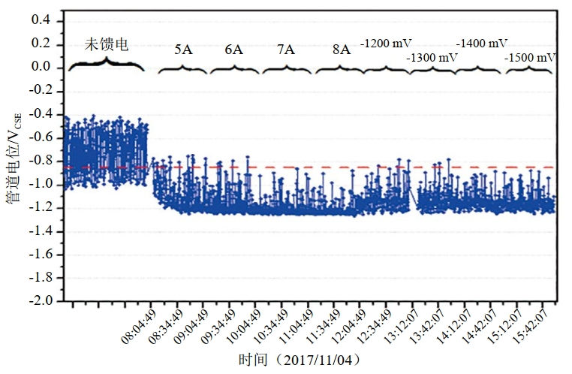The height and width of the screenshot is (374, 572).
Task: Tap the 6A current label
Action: click(x=233, y=50)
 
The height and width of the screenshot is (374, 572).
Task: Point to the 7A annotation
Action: click(x=285, y=50)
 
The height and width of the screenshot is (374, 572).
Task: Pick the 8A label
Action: click(x=341, y=50)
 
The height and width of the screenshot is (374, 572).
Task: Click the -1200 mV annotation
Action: click(x=387, y=42)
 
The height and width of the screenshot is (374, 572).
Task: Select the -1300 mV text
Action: click(x=432, y=57)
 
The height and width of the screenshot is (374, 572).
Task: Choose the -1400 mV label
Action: click(x=481, y=42)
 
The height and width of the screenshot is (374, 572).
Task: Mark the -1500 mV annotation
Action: click(x=530, y=57)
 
